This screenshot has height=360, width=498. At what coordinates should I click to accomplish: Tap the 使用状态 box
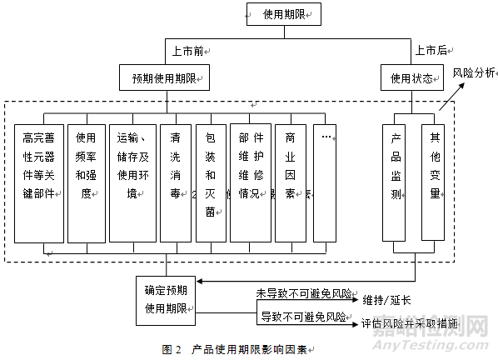tap(410, 78)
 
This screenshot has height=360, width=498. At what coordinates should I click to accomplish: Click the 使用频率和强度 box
tap(86, 182)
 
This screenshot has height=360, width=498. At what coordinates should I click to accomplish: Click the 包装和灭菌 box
tap(211, 182)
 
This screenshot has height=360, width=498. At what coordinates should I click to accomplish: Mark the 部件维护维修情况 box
tap(250, 182)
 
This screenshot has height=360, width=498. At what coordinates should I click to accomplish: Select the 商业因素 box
tap(289, 182)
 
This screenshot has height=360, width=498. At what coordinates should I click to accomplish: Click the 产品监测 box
tap(396, 182)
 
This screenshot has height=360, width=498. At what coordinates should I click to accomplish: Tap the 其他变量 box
tap(432, 182)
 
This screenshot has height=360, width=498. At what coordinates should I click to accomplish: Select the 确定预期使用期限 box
tap(165, 300)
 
